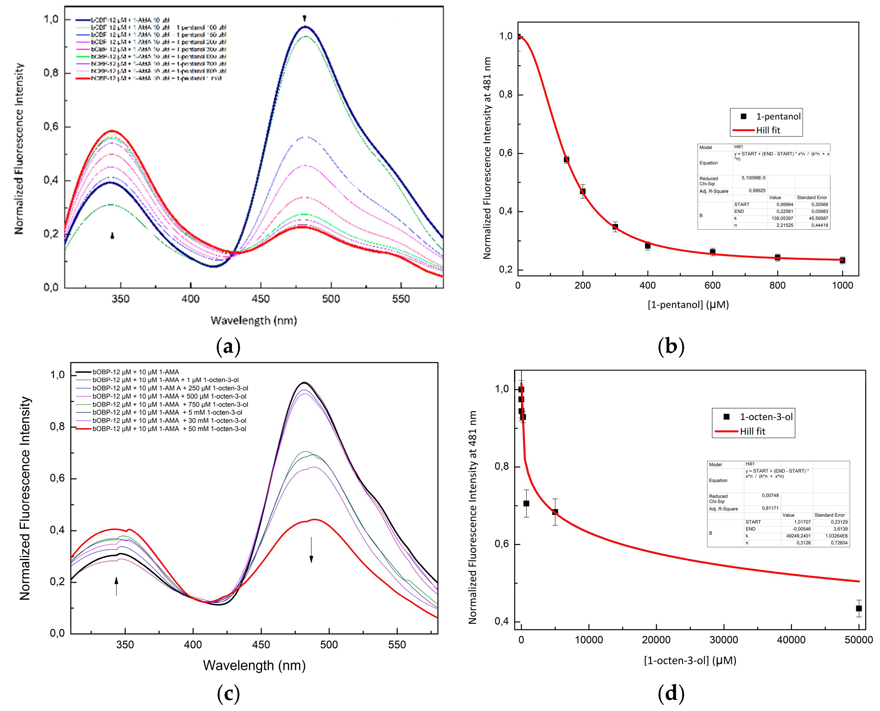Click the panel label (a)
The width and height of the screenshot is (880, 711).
click(228, 347)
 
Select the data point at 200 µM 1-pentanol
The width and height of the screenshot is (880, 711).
click(583, 191)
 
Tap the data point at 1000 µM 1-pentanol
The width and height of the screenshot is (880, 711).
click(842, 260)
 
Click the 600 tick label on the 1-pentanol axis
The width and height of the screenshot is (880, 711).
click(712, 285)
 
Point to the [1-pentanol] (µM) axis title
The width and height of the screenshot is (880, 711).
click(688, 305)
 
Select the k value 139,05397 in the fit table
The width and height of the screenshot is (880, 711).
click(782, 218)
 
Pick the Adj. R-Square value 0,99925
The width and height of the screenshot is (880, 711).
click(757, 190)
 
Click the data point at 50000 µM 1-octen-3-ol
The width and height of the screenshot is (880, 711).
click(858, 609)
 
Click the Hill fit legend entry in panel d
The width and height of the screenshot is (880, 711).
click(752, 431)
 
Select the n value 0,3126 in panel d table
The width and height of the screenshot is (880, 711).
click(803, 543)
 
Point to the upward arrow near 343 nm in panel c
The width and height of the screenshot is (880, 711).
click(116, 586)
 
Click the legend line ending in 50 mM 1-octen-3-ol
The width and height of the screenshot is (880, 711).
click(169, 429)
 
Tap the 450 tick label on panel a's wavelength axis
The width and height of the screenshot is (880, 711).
click(261, 299)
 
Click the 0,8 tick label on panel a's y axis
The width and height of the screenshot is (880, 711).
click(51, 73)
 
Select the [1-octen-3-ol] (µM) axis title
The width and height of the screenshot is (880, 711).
click(690, 660)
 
